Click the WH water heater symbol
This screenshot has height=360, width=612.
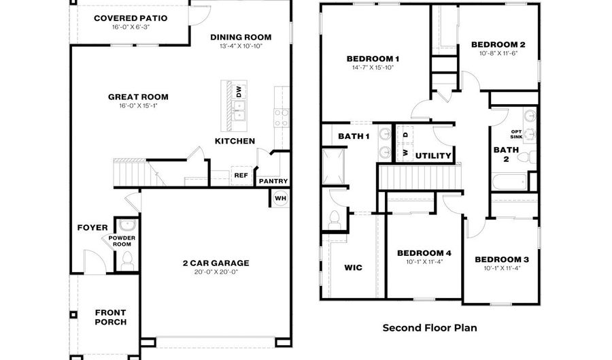[x=280, y=198]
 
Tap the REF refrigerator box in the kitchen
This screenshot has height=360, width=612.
[x=241, y=175]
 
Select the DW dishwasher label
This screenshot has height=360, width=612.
[x=239, y=92]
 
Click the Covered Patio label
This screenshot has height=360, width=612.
[x=131, y=18]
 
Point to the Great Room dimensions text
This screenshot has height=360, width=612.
[x=138, y=107]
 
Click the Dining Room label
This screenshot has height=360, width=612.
[x=241, y=37]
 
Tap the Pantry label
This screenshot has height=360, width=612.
[x=273, y=181]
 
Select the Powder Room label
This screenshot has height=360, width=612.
[x=122, y=242]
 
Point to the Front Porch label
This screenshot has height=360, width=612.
[x=110, y=317]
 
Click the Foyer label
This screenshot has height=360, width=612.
[x=92, y=228]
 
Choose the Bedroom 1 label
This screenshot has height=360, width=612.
[x=373, y=59]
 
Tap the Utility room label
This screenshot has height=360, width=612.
[x=433, y=156]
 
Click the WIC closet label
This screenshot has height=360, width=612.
[x=354, y=267]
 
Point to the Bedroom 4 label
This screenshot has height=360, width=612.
[x=424, y=253]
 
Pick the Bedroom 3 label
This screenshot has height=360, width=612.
[x=502, y=259]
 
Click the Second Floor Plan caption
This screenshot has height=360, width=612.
[x=429, y=327]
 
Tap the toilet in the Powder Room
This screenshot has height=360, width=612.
[x=126, y=259]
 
